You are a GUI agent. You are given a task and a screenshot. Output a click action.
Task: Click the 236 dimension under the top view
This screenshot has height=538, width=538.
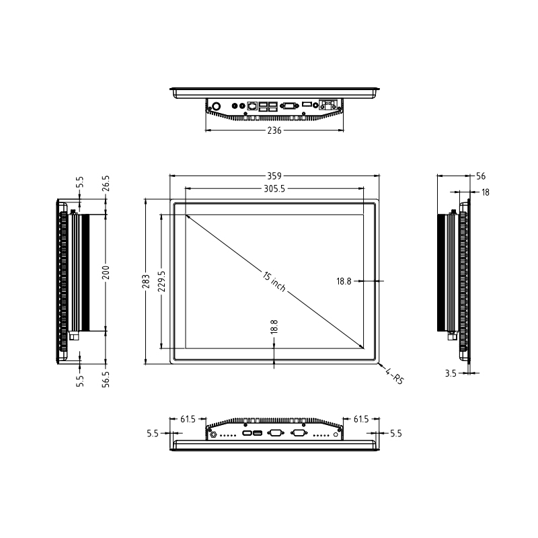click(274, 131)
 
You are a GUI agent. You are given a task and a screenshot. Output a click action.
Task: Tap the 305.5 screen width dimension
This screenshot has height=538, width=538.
click(274, 189)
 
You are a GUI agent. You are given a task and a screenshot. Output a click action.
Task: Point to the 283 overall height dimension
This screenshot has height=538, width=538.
click(146, 281)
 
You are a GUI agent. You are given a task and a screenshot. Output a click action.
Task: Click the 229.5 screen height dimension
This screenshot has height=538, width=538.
click(161, 281)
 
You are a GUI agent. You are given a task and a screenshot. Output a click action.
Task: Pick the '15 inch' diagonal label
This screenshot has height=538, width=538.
click(274, 281)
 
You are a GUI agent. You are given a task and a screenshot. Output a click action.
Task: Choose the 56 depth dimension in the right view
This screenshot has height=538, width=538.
click(481, 176)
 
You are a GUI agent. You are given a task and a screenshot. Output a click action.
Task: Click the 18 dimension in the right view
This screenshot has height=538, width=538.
click(485, 192)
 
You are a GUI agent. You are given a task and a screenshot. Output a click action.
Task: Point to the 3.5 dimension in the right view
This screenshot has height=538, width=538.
click(450, 372)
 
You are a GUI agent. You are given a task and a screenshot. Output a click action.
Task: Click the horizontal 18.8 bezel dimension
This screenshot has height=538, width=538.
click(344, 281)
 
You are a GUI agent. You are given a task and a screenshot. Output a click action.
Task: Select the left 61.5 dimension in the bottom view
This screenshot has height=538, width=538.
click(188, 420)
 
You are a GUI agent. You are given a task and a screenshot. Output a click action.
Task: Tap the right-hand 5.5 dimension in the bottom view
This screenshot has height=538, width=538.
click(395, 434)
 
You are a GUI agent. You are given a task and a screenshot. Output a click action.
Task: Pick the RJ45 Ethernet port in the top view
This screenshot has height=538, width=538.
click(253, 106)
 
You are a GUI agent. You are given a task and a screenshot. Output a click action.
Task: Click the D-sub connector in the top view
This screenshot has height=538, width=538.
click(290, 106)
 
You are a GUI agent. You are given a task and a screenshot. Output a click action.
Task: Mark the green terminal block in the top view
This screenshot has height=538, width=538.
click(329, 105)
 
